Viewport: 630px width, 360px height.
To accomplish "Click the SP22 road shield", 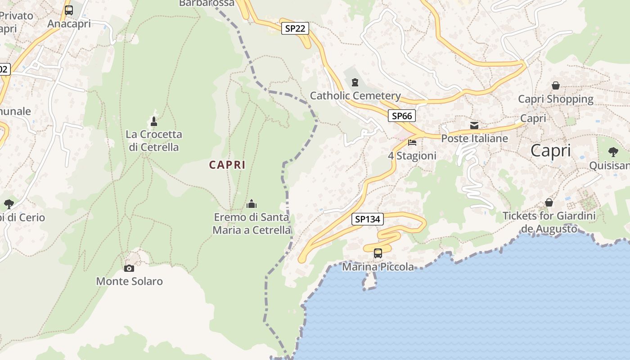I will tap(295, 29).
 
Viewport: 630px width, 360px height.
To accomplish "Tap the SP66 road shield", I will tap(402, 116).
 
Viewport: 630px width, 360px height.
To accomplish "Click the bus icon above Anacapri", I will tap(69, 10).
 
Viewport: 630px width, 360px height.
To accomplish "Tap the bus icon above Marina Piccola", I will tap(378, 253).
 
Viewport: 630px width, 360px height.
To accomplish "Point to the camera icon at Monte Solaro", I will tap(129, 268).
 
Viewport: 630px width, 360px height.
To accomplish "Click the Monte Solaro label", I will tap(129, 282).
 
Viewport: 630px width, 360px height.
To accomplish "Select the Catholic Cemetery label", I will tap(355, 95).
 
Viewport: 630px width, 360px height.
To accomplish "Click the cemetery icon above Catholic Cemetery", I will tap(355, 82).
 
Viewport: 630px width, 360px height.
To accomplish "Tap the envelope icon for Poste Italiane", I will tap(474, 125).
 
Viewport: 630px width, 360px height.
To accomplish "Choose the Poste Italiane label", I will tap(474, 139).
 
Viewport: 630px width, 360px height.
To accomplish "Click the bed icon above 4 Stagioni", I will tap(412, 143).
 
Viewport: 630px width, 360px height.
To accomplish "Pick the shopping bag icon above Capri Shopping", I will tap(556, 85).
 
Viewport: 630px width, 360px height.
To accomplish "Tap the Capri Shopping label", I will tap(556, 99).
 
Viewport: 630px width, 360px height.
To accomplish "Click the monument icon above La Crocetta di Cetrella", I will tap(154, 121).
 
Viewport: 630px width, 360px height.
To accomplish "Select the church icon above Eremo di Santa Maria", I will tap(252, 204).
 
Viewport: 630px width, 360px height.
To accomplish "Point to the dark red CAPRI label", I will tap(227, 165).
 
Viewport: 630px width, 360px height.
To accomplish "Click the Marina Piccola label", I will tap(378, 267).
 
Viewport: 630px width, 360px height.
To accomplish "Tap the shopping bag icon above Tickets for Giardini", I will tap(549, 202).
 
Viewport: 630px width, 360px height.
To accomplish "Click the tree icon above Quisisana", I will tap(613, 152).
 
